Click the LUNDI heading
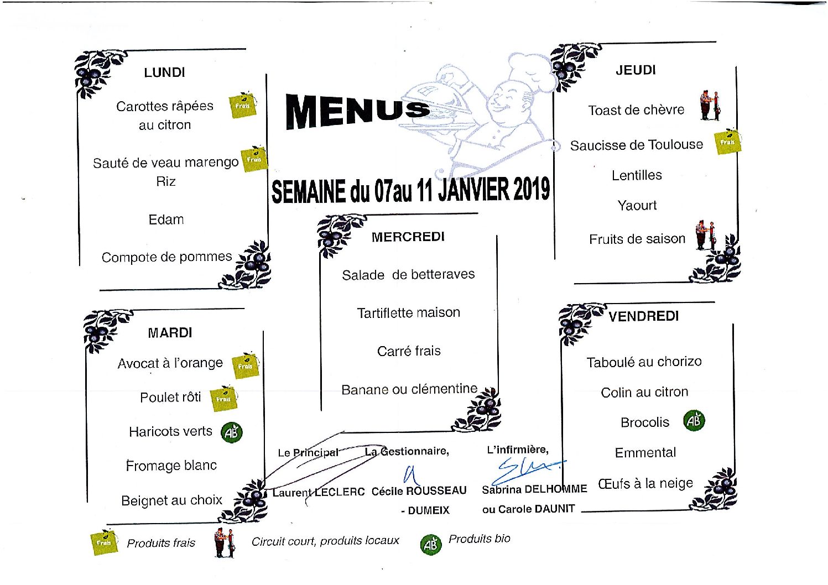(164, 72)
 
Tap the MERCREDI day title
(408, 237)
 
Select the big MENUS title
(357, 111)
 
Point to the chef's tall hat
(529, 70)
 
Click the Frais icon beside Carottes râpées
(242, 105)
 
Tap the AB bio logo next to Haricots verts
(231, 432)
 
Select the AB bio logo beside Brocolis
(694, 421)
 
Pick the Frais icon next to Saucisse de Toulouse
(728, 142)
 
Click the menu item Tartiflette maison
(408, 313)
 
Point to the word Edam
(166, 220)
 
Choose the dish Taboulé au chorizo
(644, 362)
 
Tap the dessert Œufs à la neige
(645, 483)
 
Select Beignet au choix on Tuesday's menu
(171, 500)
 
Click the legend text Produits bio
(480, 539)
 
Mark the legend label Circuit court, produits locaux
(325, 541)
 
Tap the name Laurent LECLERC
(318, 492)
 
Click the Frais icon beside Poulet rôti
(223, 398)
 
